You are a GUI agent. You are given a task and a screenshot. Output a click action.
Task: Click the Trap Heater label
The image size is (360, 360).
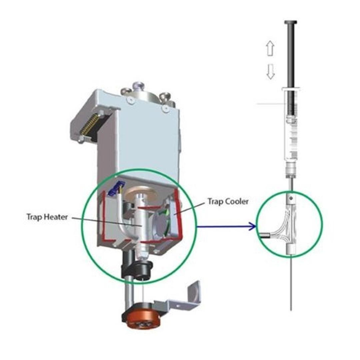pyautogui.click(x=47, y=217)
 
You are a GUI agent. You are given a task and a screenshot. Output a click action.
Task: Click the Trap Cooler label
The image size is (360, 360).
pyautogui.click(x=228, y=202)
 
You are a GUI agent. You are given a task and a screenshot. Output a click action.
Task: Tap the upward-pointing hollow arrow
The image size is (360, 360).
pyautogui.click(x=270, y=48)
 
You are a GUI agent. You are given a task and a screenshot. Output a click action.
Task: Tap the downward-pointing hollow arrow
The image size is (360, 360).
pyautogui.click(x=271, y=72)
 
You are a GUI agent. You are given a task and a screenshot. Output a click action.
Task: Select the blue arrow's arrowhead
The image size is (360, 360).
pyautogui.click(x=253, y=227)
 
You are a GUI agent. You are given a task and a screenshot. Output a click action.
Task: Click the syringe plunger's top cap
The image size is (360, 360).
pyautogui.click(x=290, y=22)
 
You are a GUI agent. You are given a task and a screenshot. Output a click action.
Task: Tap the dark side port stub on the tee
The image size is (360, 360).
pyautogui.click(x=265, y=235)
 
